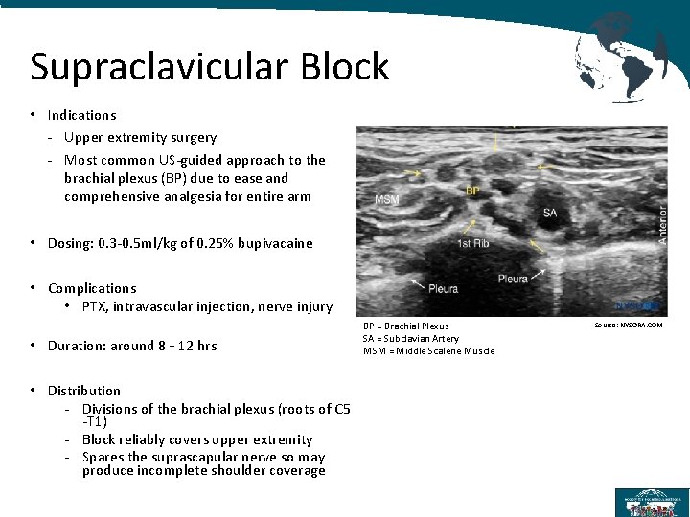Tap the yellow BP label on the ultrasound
pos(472,192)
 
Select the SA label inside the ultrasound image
pos(549,213)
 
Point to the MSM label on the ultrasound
pos(387,200)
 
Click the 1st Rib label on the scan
pos(472,244)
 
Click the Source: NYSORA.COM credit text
pos(629,326)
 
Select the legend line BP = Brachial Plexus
pos(405,326)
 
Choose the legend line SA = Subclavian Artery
pos(410,338)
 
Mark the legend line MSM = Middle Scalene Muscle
pos(428,350)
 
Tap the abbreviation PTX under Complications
pos(94,307)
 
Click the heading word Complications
pos(92,288)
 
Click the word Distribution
pos(84,391)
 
